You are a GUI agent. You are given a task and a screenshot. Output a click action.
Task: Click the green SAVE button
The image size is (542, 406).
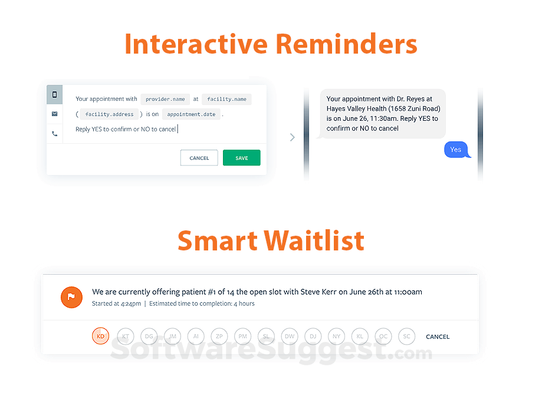242,158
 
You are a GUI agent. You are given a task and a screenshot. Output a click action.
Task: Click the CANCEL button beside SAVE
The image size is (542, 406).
199,158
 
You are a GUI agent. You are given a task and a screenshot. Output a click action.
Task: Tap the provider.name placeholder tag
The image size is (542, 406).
165,99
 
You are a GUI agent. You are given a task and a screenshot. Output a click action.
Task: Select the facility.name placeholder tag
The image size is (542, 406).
226,99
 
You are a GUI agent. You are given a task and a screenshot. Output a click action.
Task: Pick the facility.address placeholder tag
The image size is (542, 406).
109,114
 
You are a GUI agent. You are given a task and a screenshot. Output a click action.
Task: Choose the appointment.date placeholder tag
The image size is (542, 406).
191,114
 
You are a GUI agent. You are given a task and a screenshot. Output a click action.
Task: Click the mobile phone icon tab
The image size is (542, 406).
55,95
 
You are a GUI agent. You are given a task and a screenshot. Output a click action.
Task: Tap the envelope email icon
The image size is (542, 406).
55,114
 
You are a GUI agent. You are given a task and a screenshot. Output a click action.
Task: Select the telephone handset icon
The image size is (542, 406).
55,134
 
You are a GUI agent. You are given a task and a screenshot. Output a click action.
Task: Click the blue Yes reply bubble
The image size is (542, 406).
456,150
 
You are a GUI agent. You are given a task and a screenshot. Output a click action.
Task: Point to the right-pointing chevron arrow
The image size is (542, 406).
293,137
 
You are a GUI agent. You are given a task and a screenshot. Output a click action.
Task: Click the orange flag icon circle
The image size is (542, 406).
71,297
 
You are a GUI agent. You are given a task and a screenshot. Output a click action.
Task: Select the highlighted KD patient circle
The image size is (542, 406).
101,336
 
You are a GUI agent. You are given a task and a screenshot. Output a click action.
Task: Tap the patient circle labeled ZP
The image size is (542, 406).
219,336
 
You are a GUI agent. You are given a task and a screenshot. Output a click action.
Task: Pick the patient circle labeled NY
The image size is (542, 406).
336,336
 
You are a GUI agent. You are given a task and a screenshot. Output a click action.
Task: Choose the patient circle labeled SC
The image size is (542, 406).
406,336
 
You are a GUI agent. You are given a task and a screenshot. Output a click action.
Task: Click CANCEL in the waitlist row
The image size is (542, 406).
438,336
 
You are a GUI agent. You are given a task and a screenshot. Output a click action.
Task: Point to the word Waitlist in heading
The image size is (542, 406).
314,240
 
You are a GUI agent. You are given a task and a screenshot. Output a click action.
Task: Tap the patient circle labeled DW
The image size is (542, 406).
290,336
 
